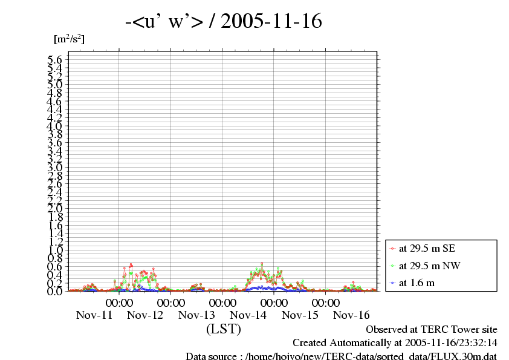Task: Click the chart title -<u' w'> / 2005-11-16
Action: coord(223,22)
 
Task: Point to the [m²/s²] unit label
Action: coord(69,39)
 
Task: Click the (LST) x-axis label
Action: coord(224,329)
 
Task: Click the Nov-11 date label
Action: coord(94,315)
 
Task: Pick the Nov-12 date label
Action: coord(146,315)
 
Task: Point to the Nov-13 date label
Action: coord(197,315)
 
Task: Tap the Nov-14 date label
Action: coord(248,315)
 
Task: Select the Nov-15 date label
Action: coord(300,315)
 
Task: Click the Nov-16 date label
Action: coord(351,315)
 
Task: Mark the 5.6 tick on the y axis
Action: coord(55,60)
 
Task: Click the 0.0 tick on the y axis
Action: coord(55,291)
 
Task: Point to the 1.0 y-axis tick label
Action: coord(55,250)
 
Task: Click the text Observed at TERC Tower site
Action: coord(432,330)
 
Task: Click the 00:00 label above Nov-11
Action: coord(120,303)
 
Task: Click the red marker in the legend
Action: coord(393,248)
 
